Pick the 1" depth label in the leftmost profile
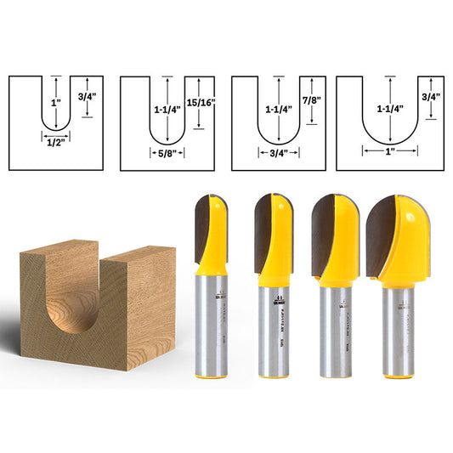[55, 102]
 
